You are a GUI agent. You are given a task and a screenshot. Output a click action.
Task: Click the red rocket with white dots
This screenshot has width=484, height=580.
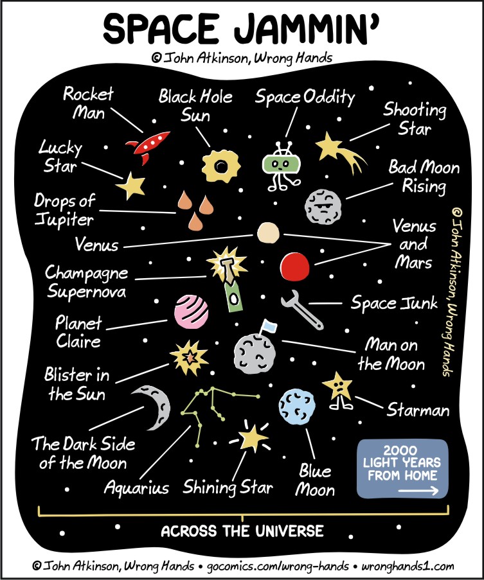click(147, 147)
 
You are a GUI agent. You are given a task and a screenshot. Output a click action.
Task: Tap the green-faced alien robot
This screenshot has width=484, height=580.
click(282, 166)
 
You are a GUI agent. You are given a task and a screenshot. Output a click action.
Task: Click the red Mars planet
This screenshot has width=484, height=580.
click(294, 267)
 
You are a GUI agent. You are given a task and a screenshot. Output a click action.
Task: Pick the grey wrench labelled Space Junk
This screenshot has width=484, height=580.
click(301, 310)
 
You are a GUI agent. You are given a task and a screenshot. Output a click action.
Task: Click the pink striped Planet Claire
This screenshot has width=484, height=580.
click(191, 312)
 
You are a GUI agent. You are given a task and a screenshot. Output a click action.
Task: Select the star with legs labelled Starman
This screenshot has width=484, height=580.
click(338, 391)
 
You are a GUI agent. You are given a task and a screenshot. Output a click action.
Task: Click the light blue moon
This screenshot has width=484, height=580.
click(297, 407)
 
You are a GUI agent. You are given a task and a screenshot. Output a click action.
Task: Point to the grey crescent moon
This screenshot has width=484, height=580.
click(154, 407)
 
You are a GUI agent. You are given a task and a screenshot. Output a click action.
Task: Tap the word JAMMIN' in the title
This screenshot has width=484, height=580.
click(307, 29)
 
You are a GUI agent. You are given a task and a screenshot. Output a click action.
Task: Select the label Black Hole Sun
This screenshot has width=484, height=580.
click(195, 106)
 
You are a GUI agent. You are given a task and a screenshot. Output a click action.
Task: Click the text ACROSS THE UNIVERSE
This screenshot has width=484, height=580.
click(242, 531)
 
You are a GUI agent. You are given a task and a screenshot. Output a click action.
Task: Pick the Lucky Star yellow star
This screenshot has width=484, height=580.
click(130, 185)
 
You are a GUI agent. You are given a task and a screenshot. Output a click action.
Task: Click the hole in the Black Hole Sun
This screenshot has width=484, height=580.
click(221, 166)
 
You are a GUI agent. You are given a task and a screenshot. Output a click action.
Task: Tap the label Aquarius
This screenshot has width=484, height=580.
click(136, 488)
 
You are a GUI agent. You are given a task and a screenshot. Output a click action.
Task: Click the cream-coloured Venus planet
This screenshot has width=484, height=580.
click(268, 233)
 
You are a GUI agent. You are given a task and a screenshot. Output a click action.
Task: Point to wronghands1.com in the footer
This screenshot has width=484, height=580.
click(408, 567)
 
